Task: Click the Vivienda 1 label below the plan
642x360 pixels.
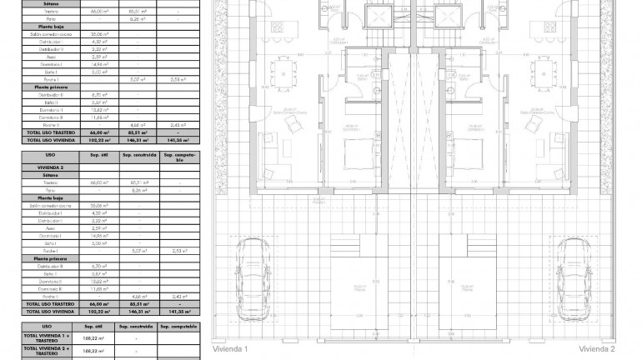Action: click(231, 348)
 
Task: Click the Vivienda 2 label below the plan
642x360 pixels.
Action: click(597, 348)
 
